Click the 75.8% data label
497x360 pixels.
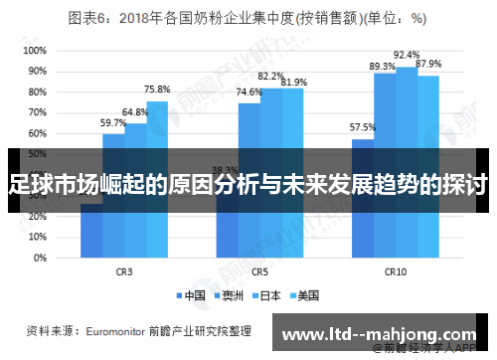156,90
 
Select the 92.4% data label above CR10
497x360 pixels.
407,55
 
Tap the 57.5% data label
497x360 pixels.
363,127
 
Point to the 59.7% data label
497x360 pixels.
113,123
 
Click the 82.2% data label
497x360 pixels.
270,76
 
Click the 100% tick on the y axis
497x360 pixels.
33,49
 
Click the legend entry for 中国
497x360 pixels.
191,295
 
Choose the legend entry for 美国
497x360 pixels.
302,295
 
